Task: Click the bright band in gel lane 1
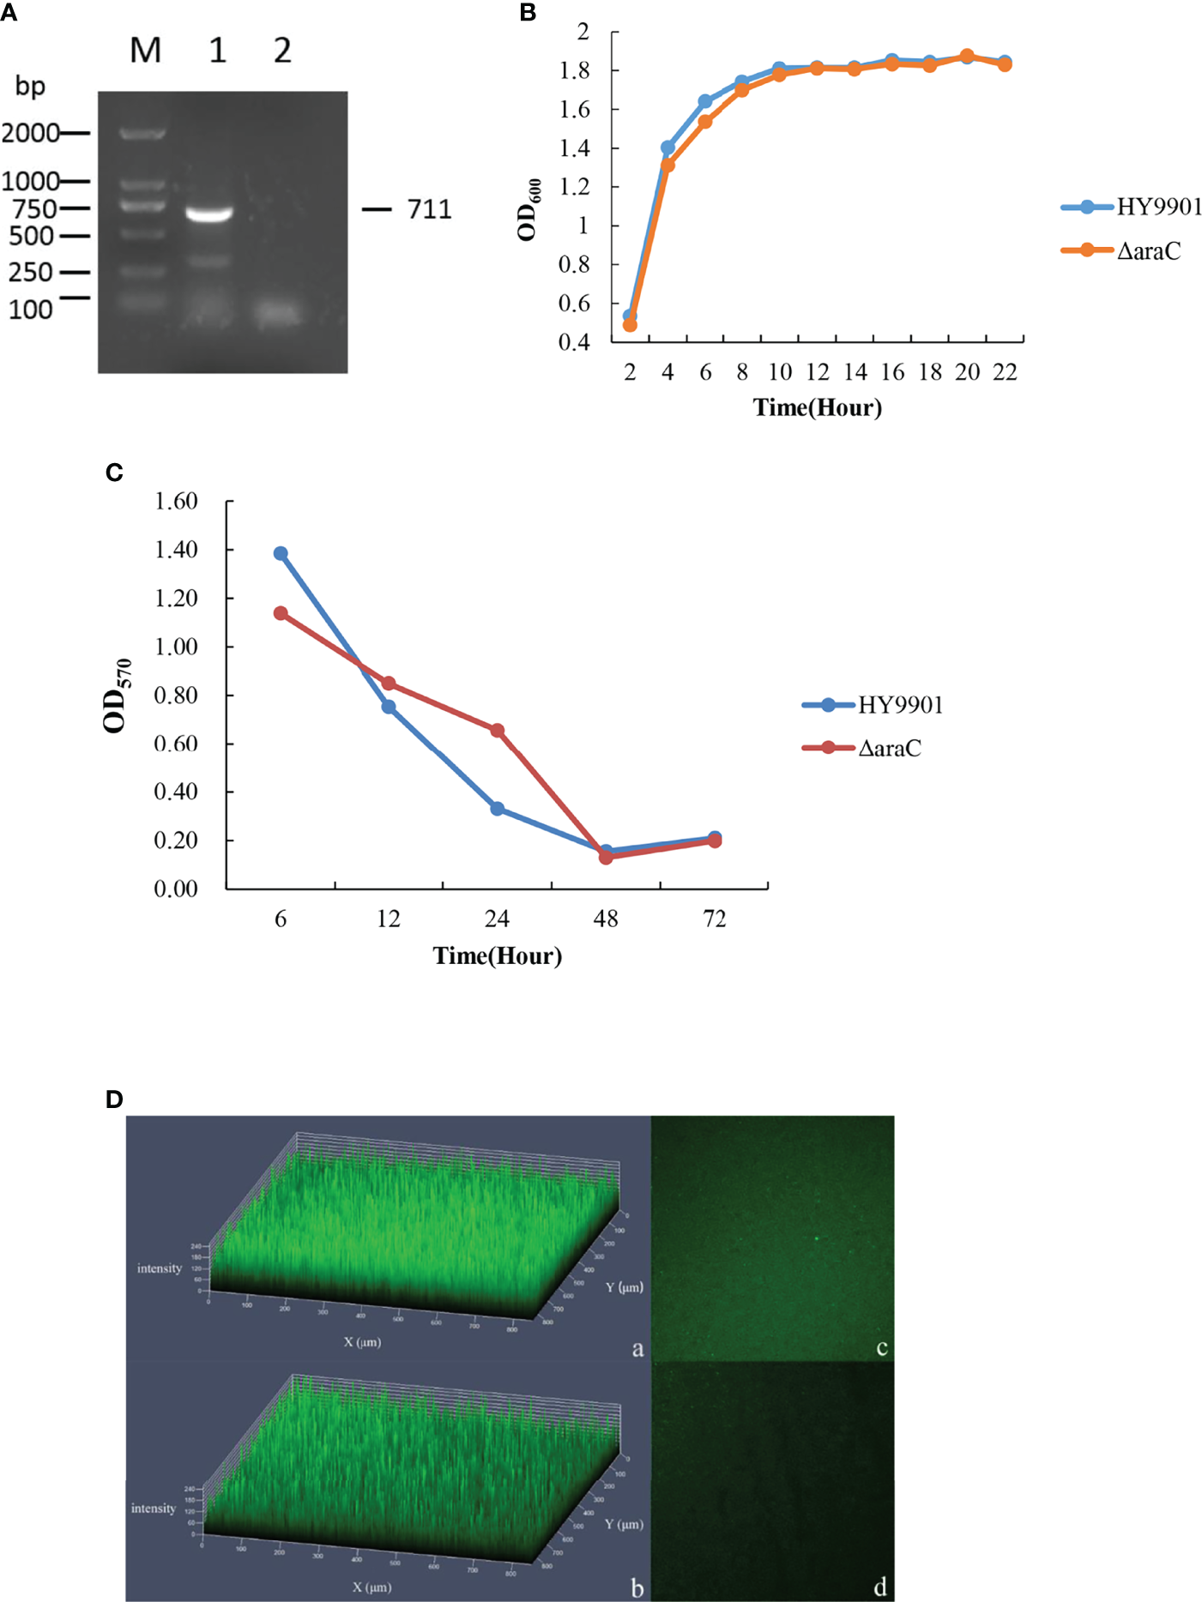209,214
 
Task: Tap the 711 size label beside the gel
429,209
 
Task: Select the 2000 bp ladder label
30,133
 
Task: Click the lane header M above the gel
145,51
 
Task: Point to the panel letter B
528,12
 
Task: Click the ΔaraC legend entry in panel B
1148,250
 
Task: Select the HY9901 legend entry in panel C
900,705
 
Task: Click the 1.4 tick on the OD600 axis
575,148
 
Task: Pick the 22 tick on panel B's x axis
1005,372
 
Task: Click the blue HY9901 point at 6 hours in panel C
281,553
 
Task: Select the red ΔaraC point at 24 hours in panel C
497,730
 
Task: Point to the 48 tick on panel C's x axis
606,919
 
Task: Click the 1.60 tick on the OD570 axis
176,501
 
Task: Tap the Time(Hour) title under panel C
498,955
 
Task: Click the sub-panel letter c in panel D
881,1347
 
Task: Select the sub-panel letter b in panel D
637,1588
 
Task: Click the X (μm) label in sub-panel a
362,1342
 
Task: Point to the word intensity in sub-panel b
154,1508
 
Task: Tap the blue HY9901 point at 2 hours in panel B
630,316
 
